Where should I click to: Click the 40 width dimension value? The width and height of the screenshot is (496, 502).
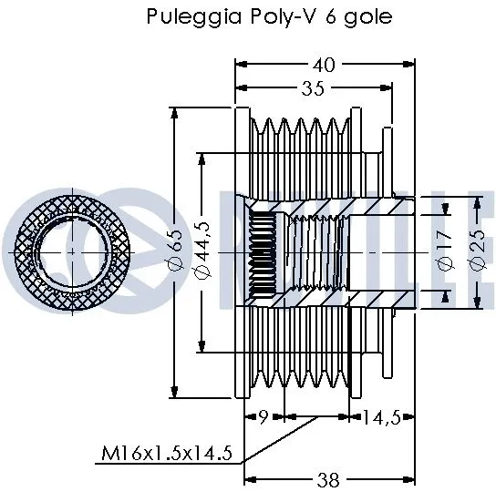324,64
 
